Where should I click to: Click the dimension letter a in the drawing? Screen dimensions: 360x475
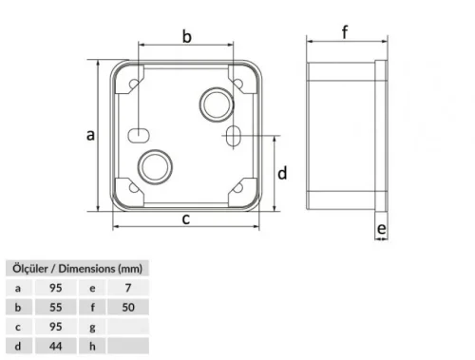coord(90,135)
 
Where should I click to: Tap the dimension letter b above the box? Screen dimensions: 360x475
coord(187,37)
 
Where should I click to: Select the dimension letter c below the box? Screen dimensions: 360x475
coord(186,219)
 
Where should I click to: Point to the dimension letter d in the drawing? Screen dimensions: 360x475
coord(282,173)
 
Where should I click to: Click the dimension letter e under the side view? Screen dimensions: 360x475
coord(380,229)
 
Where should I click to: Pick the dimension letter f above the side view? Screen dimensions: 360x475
coord(345,31)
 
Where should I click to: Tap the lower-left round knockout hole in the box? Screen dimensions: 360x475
coord(152,166)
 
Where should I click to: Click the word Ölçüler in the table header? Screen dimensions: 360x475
coord(30,269)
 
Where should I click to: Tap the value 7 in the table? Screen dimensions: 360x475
coord(129,288)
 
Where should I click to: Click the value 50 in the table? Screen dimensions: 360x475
coord(129,308)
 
